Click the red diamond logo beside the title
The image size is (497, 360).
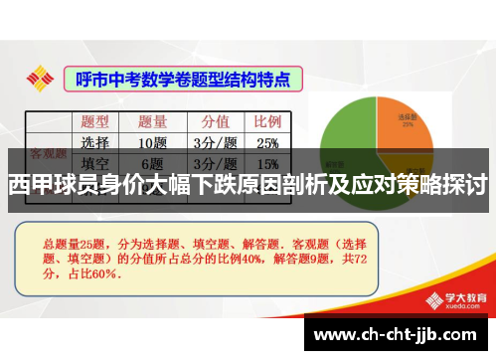41,77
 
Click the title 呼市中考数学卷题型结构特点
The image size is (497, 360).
183,77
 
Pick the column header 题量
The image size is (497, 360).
152,121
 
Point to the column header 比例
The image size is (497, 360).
267,121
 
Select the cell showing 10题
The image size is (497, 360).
152,142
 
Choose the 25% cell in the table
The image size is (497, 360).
267,142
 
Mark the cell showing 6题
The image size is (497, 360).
152,163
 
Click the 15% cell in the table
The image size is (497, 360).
267,163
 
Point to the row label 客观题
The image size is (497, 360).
48,154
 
